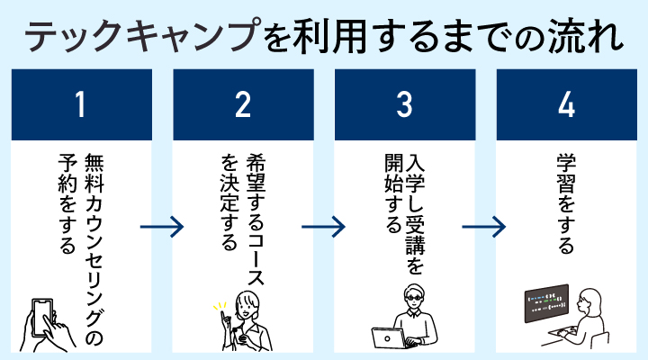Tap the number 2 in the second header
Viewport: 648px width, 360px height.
pyautogui.click(x=242, y=105)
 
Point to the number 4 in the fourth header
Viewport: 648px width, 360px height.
pyautogui.click(x=566, y=105)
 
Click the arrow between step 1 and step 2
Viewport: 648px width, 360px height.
pyautogui.click(x=163, y=225)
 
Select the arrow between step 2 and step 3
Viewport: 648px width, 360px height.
pyautogui.click(x=324, y=225)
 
